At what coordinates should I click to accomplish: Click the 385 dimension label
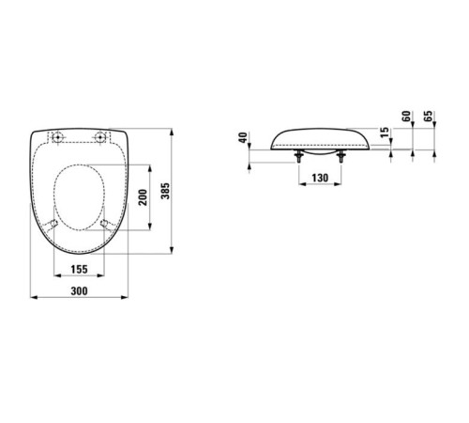(165, 191)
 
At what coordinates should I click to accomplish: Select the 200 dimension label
(143, 197)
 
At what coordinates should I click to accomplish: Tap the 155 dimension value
(79, 269)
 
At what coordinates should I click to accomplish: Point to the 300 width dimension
(79, 291)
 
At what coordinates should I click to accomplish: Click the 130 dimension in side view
(320, 178)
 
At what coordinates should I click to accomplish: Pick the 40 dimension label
(243, 137)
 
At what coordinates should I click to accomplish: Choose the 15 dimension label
(385, 132)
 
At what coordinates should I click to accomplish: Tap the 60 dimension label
(406, 117)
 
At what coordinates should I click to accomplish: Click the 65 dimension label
(428, 117)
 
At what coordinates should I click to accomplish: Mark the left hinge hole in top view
(58, 137)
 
